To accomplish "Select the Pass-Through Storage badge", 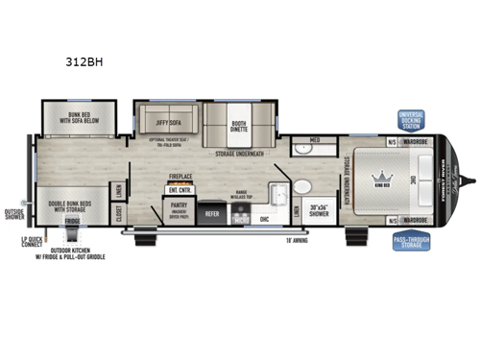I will pos(411,242).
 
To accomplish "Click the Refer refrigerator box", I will pos(212,214).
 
